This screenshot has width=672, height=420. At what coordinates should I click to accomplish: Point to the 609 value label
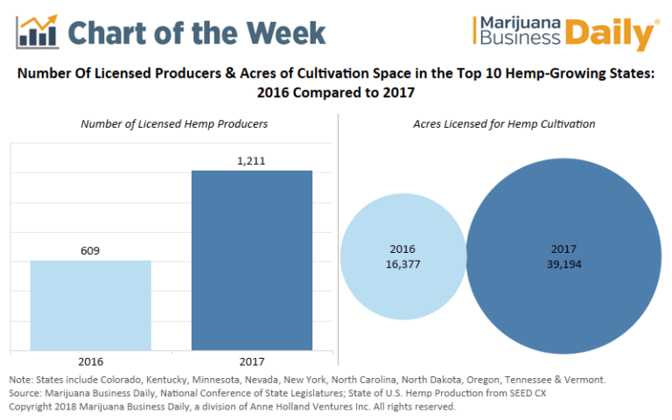point(90,250)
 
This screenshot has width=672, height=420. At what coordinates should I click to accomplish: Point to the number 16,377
point(403,263)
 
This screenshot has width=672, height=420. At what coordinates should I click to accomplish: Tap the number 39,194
point(563,263)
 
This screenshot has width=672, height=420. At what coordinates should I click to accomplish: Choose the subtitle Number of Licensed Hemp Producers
point(174,124)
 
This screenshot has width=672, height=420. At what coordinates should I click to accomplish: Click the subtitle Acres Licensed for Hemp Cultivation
point(504,124)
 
